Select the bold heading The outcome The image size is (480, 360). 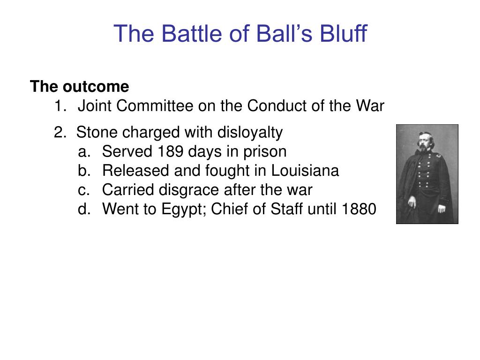[x=79, y=87]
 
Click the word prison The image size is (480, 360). [x=265, y=152]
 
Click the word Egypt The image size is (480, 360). [x=184, y=210]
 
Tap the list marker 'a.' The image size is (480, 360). [x=84, y=152]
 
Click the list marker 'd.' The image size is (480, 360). [x=84, y=210]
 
